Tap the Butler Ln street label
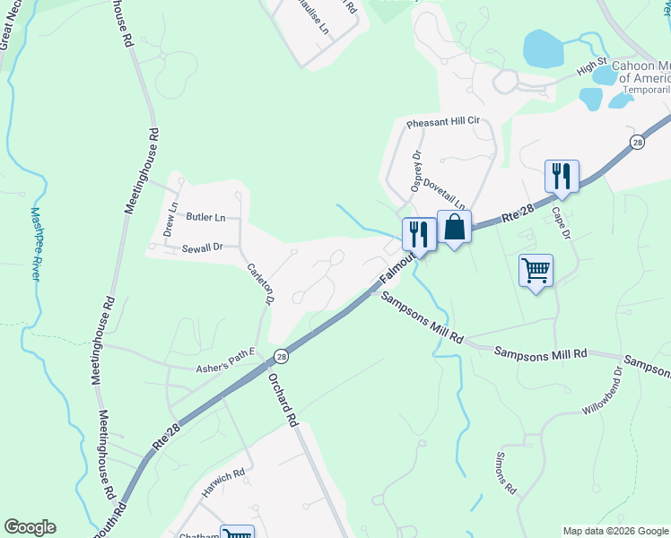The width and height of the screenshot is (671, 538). click(x=206, y=217)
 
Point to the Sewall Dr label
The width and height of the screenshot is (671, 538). click(x=201, y=247)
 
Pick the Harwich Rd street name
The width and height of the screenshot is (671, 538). click(x=223, y=483)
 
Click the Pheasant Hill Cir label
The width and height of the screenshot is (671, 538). click(x=443, y=122)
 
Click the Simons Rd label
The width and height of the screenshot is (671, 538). click(x=505, y=472)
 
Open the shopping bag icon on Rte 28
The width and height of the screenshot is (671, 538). click(x=454, y=227)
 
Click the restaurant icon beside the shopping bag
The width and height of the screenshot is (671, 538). click(x=418, y=235)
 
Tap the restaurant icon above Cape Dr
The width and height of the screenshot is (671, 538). click(x=562, y=176)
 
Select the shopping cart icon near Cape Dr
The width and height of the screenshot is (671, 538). click(x=536, y=269)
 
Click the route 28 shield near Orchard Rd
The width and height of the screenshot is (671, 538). click(x=281, y=355)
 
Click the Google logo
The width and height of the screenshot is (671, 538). click(x=30, y=527)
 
